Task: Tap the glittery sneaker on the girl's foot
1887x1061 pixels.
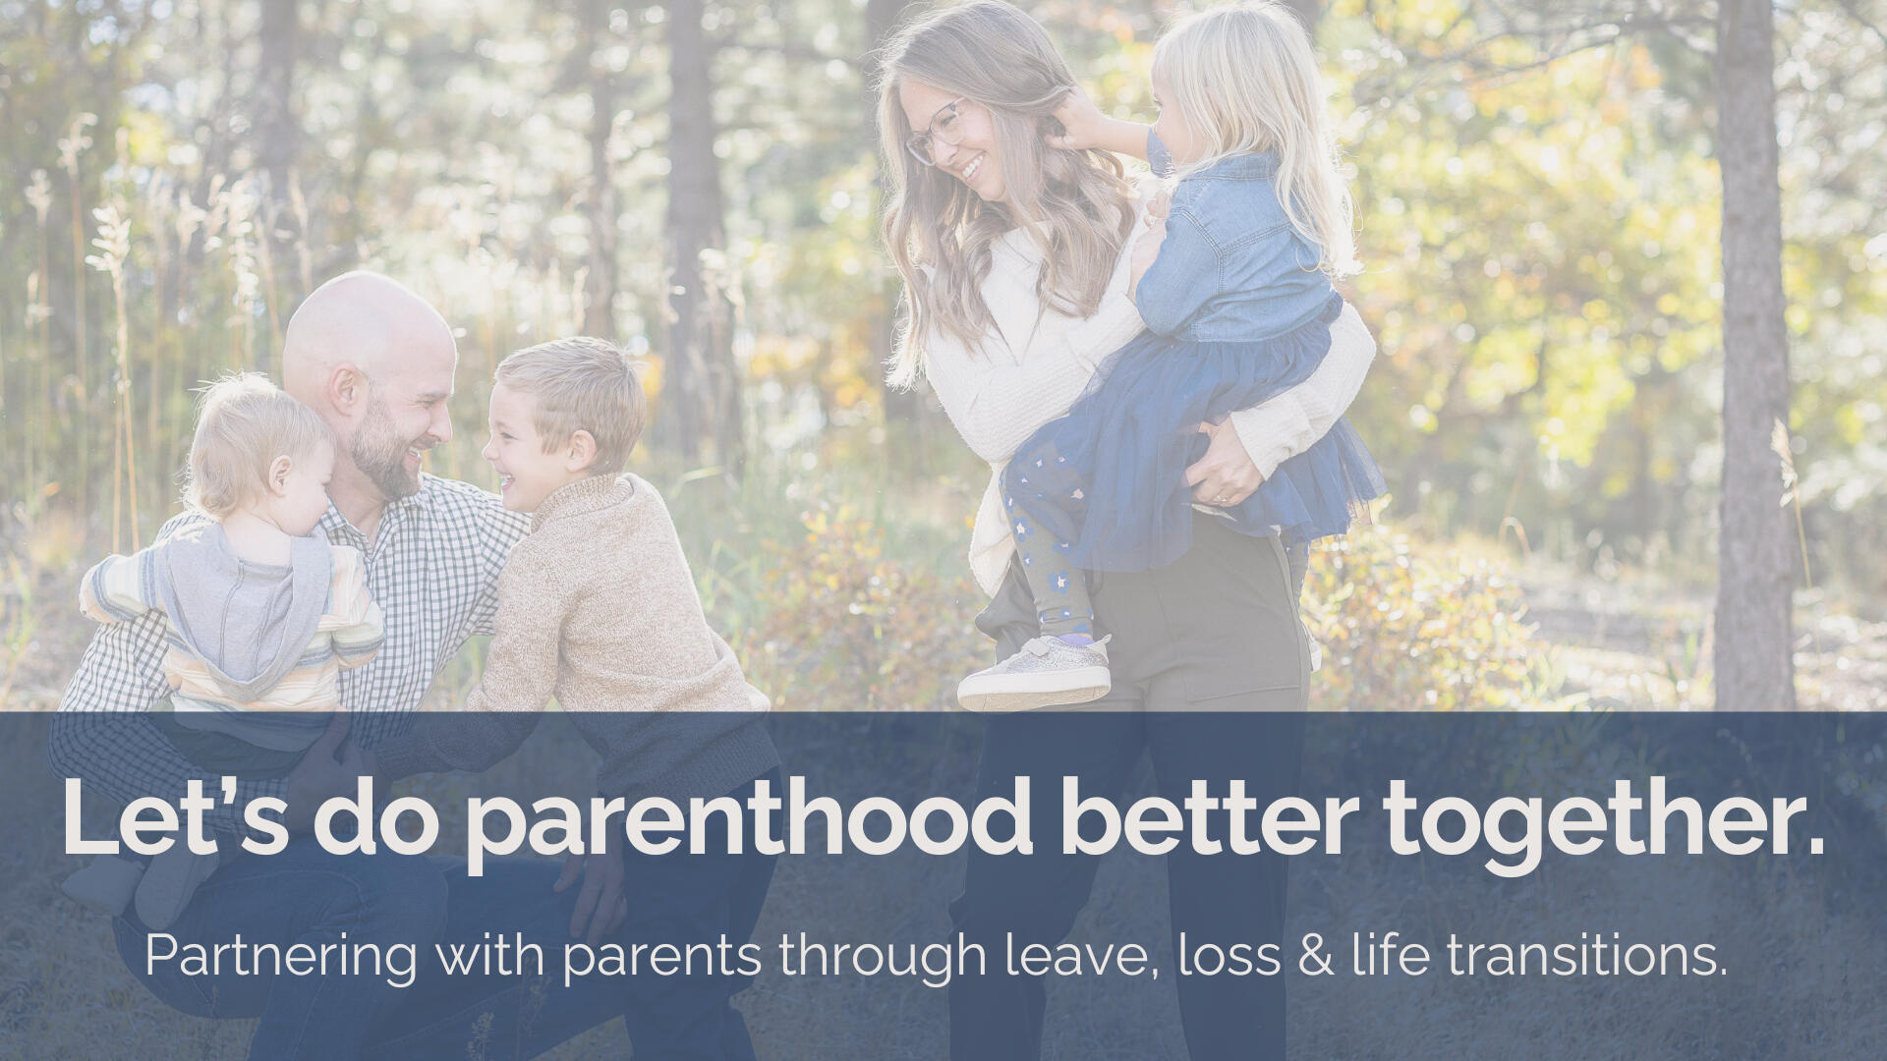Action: point(1034,673)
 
